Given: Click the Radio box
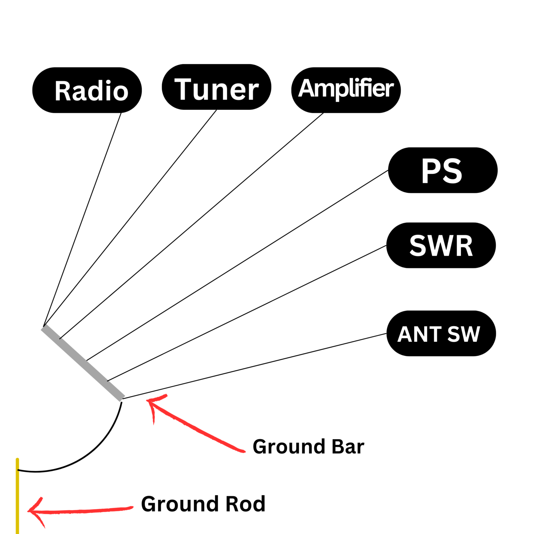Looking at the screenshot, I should click(87, 90).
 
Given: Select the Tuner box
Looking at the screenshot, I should click(216, 87).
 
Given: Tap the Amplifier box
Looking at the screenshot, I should click(346, 90).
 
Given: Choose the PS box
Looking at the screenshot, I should click(443, 170).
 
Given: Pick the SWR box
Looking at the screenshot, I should click(441, 245).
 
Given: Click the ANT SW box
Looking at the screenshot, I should click(441, 333).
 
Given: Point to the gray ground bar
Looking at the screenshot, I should click(83, 363).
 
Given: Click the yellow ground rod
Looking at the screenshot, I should click(17, 497).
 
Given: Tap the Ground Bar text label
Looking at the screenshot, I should click(308, 447).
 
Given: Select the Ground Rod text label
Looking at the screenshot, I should click(203, 504).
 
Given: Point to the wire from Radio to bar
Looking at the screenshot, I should click(82, 219).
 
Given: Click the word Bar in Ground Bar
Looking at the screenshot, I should click(348, 447).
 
